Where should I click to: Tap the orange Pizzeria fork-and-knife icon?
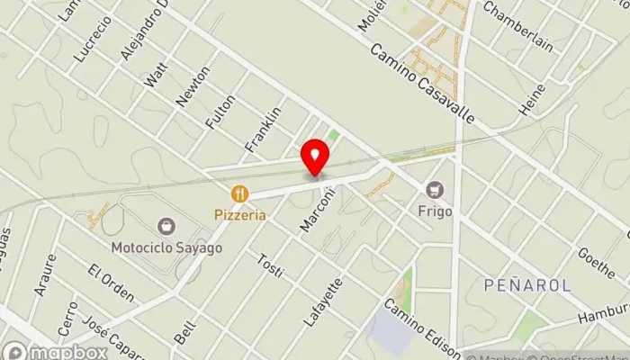tap(239, 193)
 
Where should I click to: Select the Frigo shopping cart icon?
tap(436, 189)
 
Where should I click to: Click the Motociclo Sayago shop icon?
tap(166, 225)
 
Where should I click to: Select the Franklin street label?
tap(264, 129)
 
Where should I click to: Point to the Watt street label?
tap(156, 75)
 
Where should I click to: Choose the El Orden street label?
tap(112, 283)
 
